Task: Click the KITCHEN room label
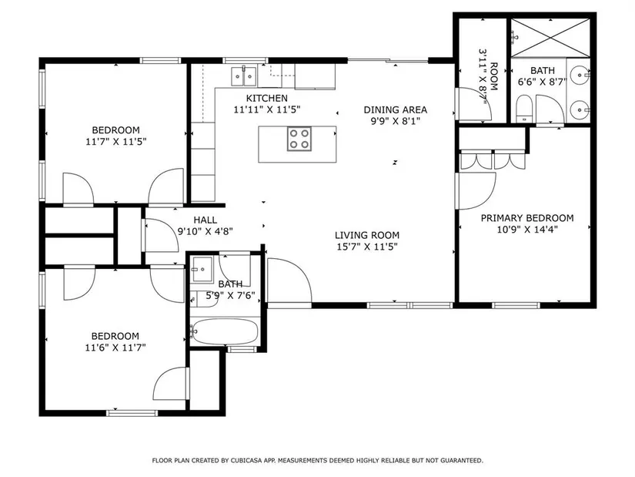tap(267, 98)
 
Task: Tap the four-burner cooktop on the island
tap(299, 139)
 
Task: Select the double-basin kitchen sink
tap(244, 76)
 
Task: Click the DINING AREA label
tap(396, 110)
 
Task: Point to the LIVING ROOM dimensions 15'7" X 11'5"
tap(367, 247)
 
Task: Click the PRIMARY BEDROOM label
tap(527, 218)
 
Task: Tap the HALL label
tap(206, 220)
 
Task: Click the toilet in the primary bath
tap(524, 109)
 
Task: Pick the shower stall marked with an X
tap(550, 38)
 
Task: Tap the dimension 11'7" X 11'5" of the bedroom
tap(115, 142)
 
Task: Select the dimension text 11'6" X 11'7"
tap(115, 348)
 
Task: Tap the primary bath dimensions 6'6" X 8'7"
tap(543, 82)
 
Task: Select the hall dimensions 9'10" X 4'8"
tap(206, 232)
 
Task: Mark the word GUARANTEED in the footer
tap(462, 460)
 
